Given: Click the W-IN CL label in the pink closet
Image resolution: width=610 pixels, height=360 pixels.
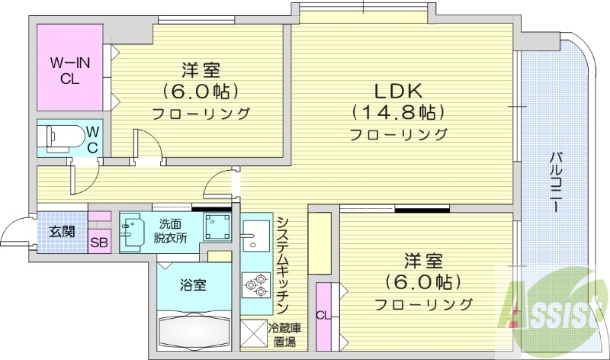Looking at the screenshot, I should pos(71,69).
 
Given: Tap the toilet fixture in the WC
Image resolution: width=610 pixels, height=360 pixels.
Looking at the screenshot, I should pos(65,137).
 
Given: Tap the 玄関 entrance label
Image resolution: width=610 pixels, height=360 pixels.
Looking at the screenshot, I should pos(63,232).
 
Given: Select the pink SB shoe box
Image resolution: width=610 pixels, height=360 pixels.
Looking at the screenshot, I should pos(99,243).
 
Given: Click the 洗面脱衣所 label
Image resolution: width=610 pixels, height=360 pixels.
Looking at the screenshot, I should pos(171,230).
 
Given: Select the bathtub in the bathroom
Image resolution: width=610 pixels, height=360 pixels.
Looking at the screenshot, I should pos(195,331).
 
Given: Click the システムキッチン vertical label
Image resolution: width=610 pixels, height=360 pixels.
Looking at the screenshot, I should pos(281,263).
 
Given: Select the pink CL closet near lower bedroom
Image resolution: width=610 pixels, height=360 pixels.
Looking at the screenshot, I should pos(323,313).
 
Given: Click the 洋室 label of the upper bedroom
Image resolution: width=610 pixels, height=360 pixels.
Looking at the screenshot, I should pos(201,70).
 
